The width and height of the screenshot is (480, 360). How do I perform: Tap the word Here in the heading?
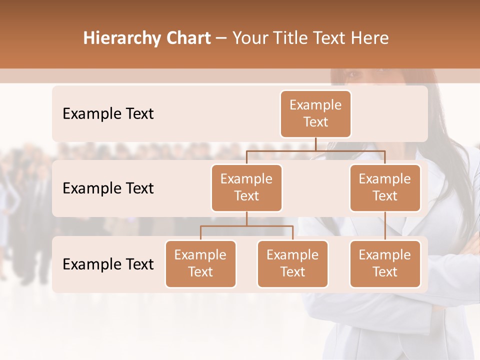[x=370, y=38]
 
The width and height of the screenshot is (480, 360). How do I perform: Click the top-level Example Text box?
[x=315, y=113]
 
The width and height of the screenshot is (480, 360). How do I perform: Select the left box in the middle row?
[x=246, y=187]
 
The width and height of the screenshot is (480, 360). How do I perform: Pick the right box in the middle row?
[x=385, y=187]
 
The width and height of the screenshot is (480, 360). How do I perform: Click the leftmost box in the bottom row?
[x=200, y=263]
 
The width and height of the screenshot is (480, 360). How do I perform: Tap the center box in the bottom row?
[x=292, y=263]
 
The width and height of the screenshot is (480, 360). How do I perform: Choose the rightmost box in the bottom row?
[x=385, y=263]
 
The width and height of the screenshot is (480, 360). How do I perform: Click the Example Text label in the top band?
[x=108, y=113]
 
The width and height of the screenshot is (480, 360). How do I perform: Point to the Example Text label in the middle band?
[x=108, y=188]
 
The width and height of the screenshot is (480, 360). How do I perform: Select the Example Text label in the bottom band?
[x=108, y=264]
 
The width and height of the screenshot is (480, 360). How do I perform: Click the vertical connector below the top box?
[x=315, y=144]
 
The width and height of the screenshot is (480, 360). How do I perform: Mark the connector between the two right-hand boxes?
[x=385, y=226]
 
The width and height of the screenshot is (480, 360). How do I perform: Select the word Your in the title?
[x=249, y=38]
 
